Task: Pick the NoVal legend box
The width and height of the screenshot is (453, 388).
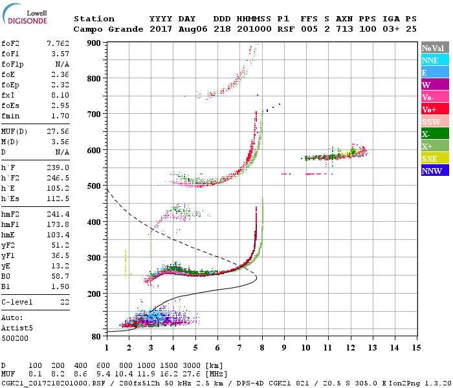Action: [x=433, y=48]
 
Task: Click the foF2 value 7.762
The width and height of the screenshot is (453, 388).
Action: [x=58, y=43]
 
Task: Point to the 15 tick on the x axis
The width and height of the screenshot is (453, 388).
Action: [x=416, y=347]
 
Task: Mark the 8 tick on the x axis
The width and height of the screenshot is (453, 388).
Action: [x=262, y=347]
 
